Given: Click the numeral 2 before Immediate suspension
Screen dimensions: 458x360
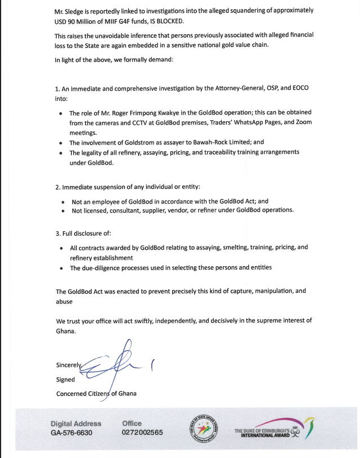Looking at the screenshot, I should pyautogui.click(x=57, y=187).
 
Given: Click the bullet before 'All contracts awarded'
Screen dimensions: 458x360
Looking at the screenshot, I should pyautogui.click(x=61, y=248).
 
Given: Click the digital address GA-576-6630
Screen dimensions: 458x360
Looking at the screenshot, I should pyautogui.click(x=71, y=433).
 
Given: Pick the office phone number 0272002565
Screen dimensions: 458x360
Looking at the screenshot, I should pyautogui.click(x=142, y=433).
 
